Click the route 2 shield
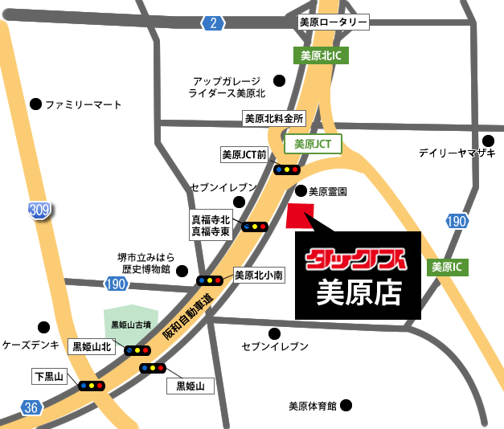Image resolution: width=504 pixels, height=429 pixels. (212, 23)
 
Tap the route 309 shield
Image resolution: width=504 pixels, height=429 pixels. (39, 210)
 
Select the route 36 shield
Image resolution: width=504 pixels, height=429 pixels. (30, 408)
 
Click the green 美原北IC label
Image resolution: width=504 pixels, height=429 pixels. (316, 56)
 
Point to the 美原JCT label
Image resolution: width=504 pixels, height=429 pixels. (313, 145)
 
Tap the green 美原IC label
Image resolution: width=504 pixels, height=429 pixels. (448, 266)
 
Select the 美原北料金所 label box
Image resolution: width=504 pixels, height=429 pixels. (275, 118)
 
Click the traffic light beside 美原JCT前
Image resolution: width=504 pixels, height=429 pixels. (286, 170)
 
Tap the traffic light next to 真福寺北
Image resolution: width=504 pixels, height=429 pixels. (255, 227)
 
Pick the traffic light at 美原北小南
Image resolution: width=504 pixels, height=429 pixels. (210, 280)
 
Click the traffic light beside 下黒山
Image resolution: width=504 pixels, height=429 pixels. (90, 386)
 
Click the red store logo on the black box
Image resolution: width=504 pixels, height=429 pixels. (358, 259)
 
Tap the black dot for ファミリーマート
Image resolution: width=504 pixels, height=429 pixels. (35, 104)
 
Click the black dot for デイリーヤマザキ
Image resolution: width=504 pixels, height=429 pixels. (487, 139)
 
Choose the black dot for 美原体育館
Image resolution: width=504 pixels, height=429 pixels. (345, 406)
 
